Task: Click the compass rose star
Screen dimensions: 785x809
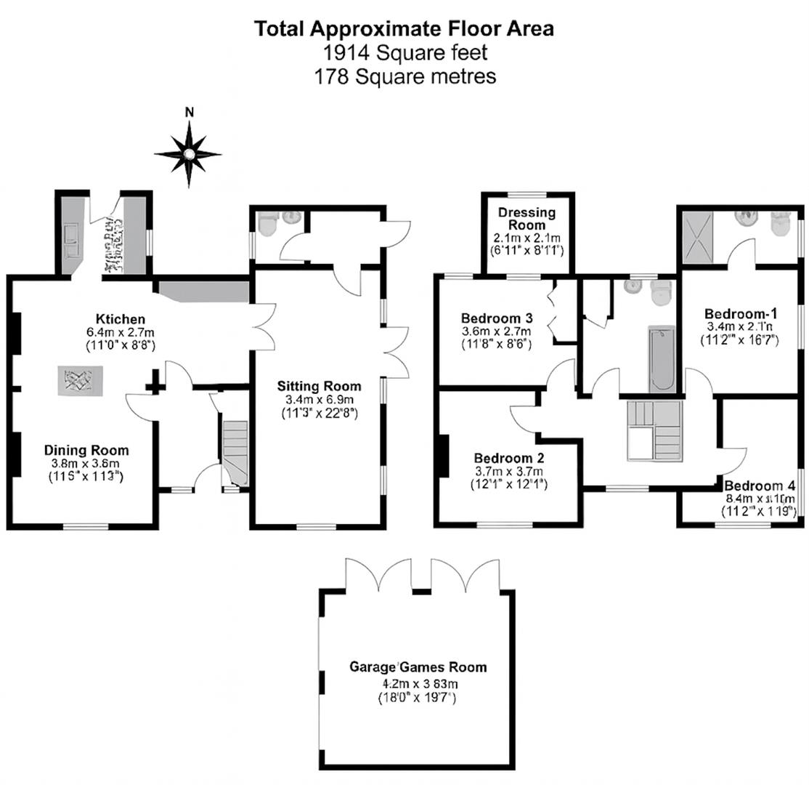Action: click(188, 153)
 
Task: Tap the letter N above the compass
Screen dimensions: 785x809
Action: click(190, 112)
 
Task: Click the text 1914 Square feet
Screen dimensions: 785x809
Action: click(404, 52)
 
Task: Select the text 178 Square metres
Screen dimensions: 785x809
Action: click(404, 76)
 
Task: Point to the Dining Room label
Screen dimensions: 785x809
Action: click(86, 450)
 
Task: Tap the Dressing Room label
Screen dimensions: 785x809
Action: click(527, 219)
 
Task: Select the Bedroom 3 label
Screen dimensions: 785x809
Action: click(497, 318)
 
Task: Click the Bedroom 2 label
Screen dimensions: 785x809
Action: click(509, 459)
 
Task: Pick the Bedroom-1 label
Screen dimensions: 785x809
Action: click(741, 313)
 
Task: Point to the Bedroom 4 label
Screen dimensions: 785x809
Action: click(760, 486)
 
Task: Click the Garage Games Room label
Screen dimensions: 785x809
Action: click(418, 667)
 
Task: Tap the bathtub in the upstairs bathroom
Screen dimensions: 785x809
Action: click(662, 359)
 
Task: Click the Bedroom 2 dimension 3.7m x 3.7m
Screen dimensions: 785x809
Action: click(509, 472)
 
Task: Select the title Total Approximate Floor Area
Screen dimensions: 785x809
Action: click(404, 29)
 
